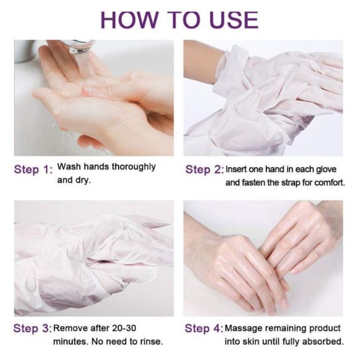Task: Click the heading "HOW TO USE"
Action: (x=180, y=19)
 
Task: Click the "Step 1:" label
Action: (x=33, y=170)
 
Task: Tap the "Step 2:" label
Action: (x=204, y=170)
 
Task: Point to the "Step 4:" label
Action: (x=204, y=328)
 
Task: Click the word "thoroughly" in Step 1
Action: (x=134, y=167)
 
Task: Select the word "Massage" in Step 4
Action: (x=243, y=329)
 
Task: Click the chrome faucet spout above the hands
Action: (x=80, y=46)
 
